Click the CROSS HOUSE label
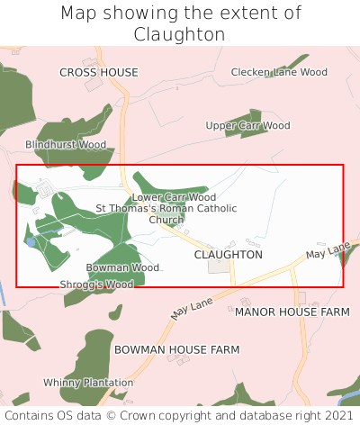pos(99,72)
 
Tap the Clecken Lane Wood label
pos(279,72)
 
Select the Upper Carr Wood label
pos(247,126)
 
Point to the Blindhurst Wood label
pos(66,144)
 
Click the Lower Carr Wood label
pos(174,197)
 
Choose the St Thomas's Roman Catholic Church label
pos(166,213)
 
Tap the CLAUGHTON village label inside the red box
pos(229,255)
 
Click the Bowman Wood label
pos(122,267)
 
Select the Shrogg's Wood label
pos(96,285)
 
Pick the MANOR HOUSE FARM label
pos(292,312)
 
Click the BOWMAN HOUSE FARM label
pos(176,348)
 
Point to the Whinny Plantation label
pos(88,383)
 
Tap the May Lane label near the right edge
pos(328,251)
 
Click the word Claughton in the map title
pos(180,34)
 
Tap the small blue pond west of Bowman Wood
pos(32,242)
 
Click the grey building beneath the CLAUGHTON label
pos(219,267)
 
